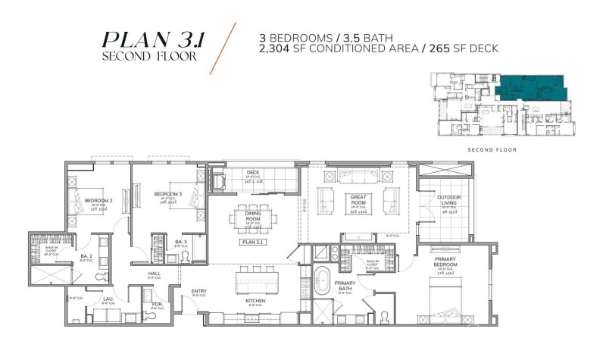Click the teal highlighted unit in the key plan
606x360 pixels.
pos(530,88)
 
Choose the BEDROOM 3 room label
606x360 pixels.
pos(168,194)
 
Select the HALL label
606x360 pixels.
pos(154,273)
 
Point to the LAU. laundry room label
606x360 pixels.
pos(108,299)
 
